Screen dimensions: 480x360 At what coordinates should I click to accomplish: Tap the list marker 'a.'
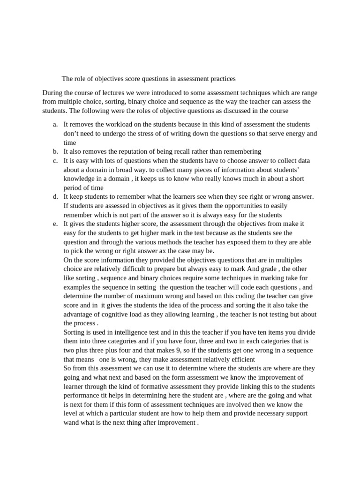point(55,125)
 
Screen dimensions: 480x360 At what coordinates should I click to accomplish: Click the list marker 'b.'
point(55,151)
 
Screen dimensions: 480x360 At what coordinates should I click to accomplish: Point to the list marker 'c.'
point(55,161)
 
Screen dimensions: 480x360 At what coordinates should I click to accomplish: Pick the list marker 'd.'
point(55,197)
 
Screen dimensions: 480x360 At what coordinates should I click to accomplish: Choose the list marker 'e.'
point(55,224)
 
